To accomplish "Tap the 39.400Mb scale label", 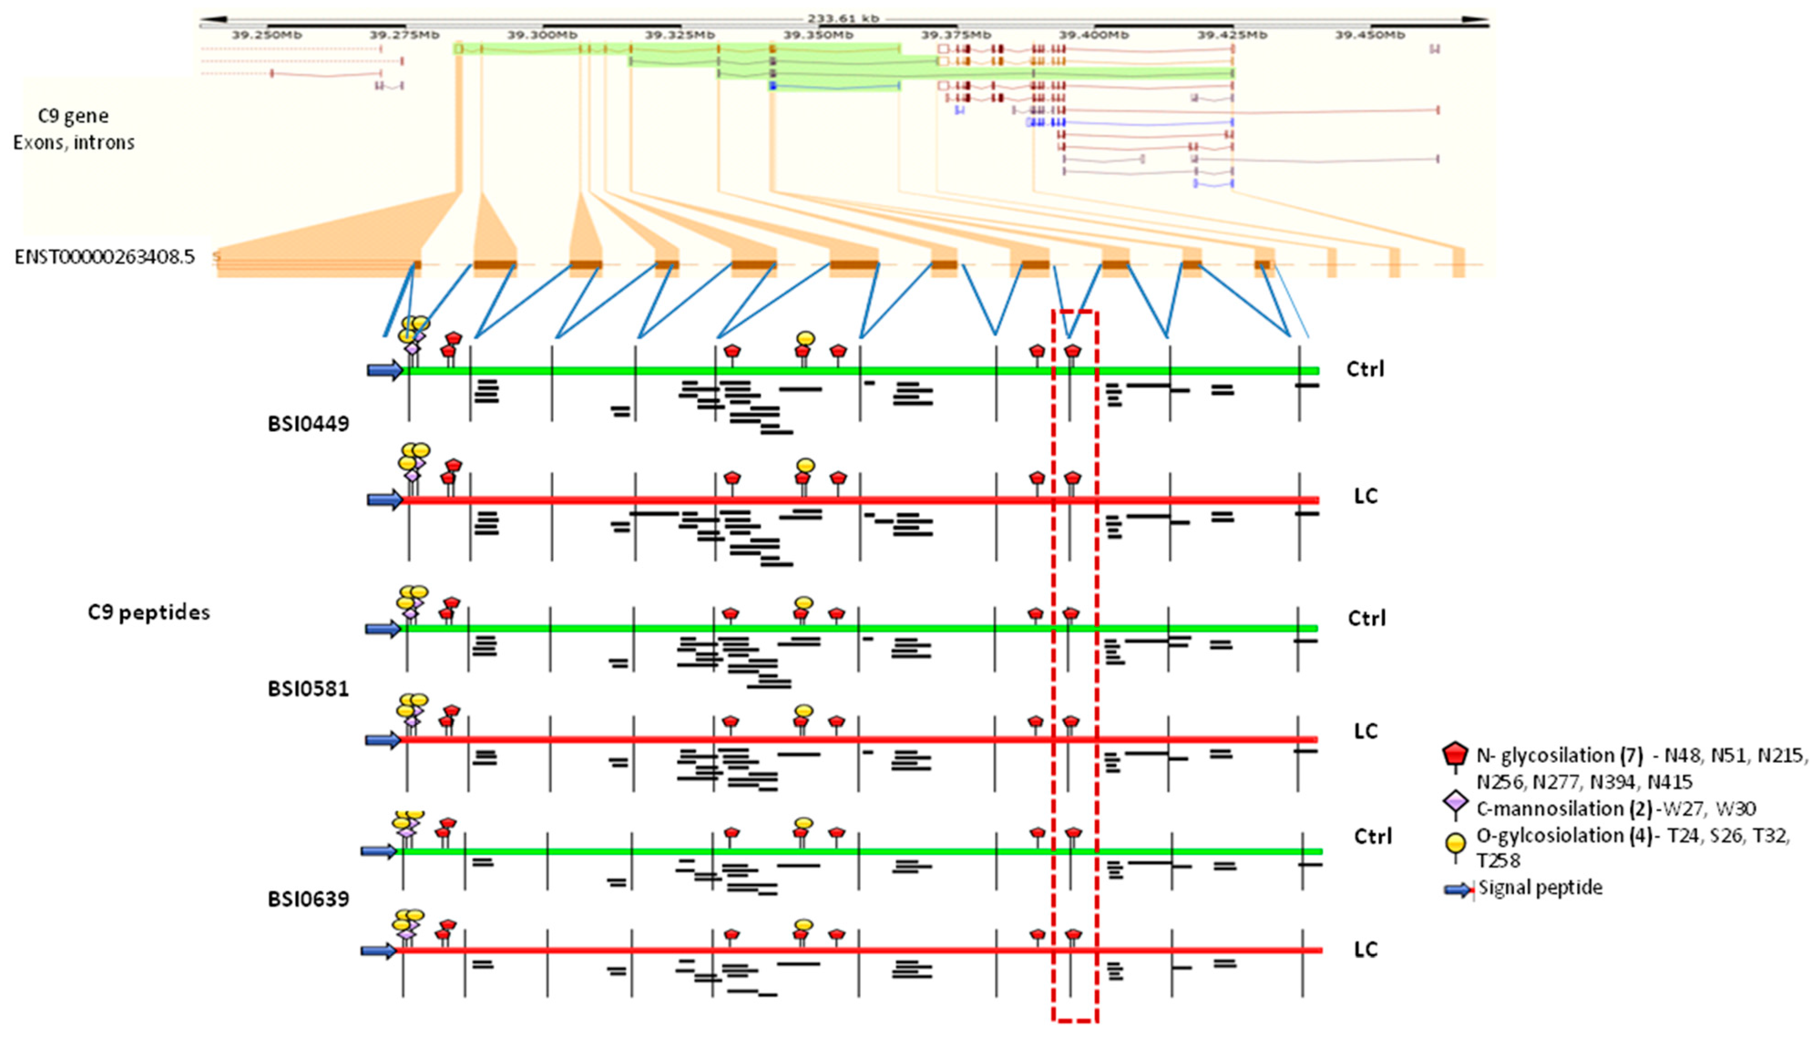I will (1093, 34).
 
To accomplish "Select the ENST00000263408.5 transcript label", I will (104, 257).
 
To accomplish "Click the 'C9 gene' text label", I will (73, 116).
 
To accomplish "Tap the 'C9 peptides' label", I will (148, 612).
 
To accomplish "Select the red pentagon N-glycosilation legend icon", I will (1454, 754).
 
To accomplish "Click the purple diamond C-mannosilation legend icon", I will (1454, 803).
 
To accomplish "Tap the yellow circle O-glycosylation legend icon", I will (1454, 844).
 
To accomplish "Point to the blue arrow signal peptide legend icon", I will (1457, 890).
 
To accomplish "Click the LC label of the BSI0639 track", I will (1365, 950).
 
